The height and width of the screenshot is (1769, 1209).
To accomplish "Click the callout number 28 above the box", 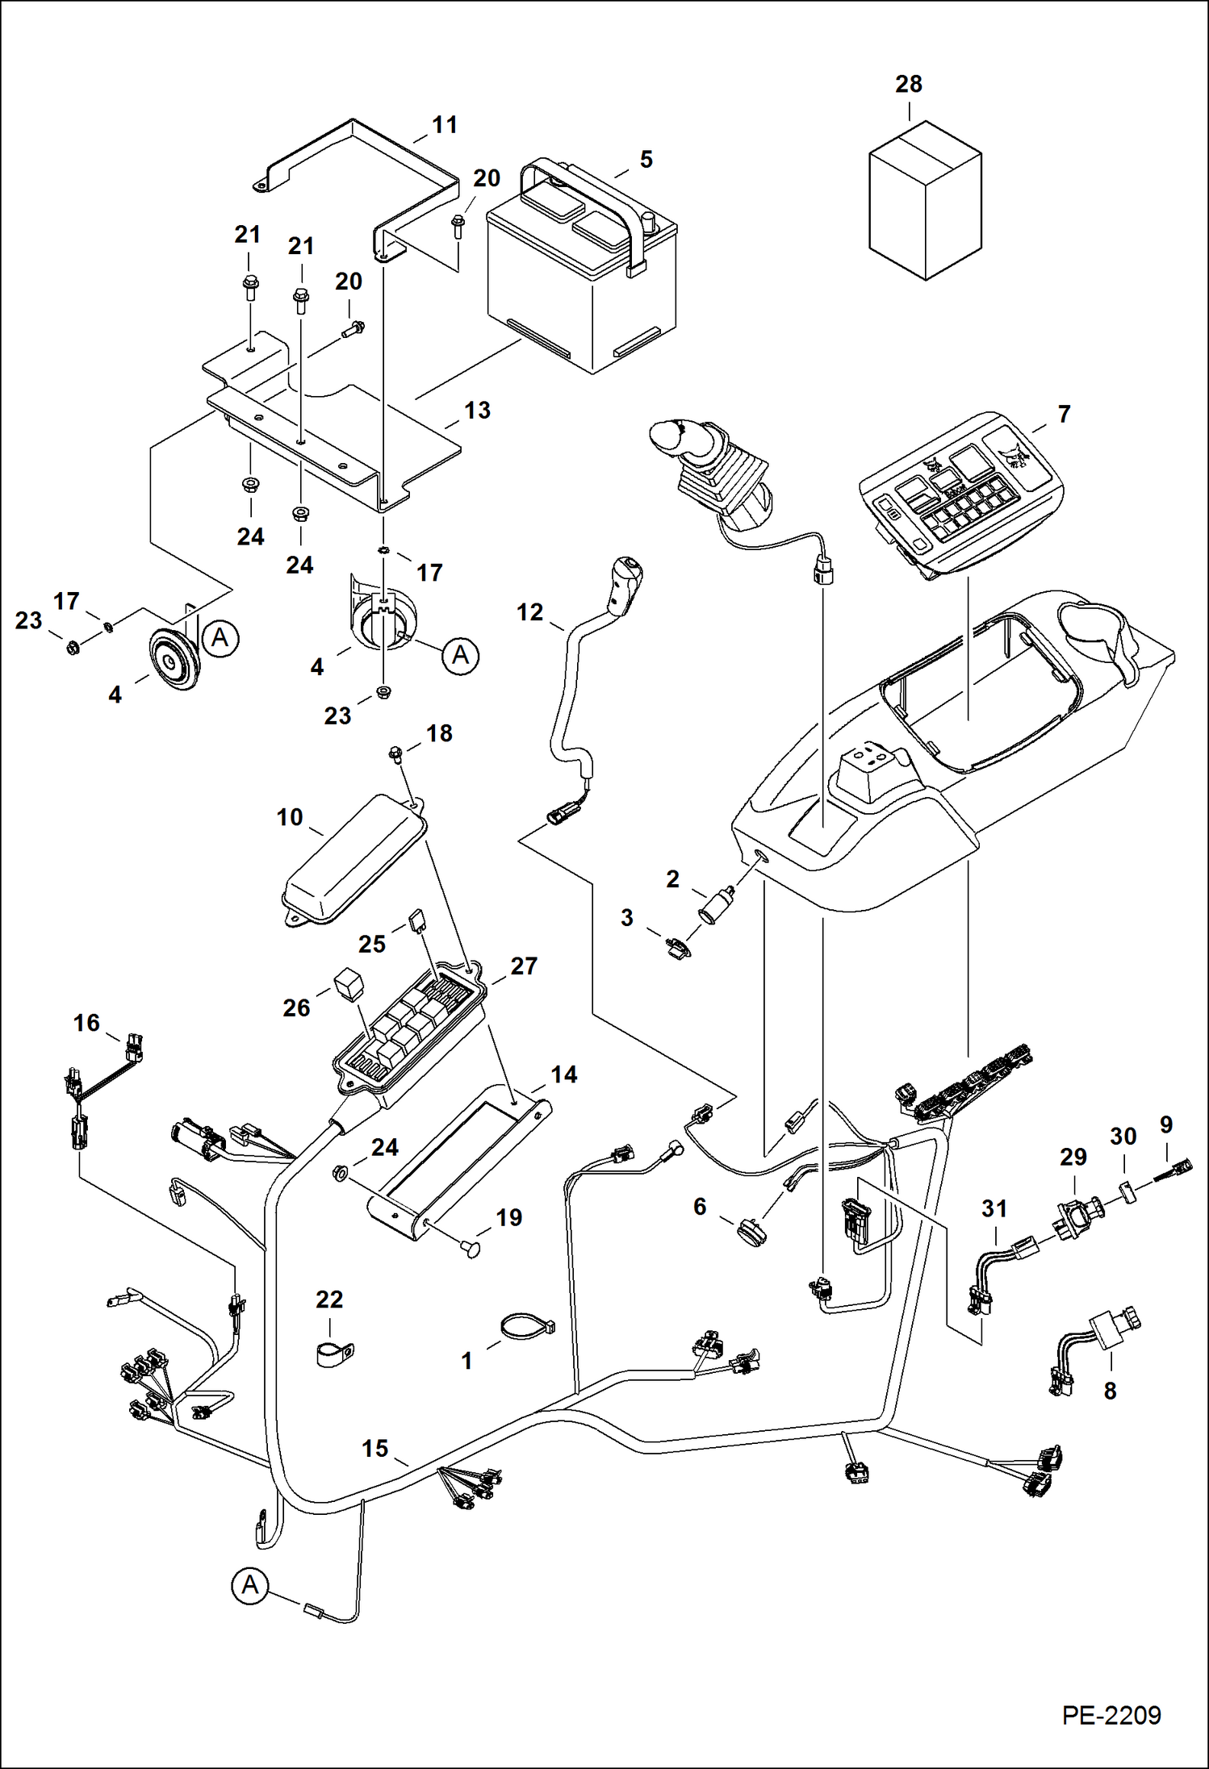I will [909, 84].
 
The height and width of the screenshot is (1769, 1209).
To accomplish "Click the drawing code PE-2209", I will [1111, 1714].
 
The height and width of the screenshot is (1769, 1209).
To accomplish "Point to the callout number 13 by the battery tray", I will [477, 411].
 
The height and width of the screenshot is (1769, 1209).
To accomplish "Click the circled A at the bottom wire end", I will [250, 1584].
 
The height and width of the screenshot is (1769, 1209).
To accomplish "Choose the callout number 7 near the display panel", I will [1064, 415].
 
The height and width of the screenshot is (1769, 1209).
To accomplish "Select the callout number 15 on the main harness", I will [375, 1449].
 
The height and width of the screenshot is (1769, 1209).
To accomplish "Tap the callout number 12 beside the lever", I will [529, 613].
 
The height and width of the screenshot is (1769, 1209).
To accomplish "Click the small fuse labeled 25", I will [417, 919].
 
